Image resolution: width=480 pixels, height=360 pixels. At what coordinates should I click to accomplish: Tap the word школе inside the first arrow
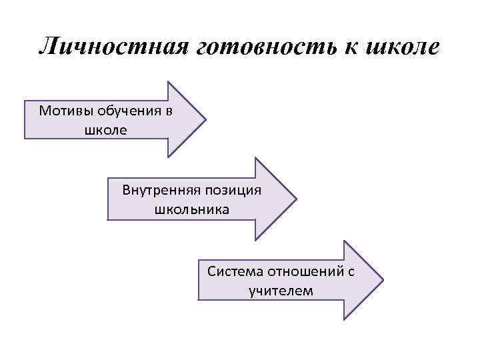(x=104, y=129)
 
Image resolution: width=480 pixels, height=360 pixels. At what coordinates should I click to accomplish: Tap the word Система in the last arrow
(x=235, y=272)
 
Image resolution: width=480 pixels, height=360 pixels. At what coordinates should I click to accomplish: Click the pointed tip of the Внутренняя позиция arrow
(x=295, y=199)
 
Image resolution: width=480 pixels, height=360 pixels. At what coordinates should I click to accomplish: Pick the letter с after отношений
(x=350, y=272)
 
